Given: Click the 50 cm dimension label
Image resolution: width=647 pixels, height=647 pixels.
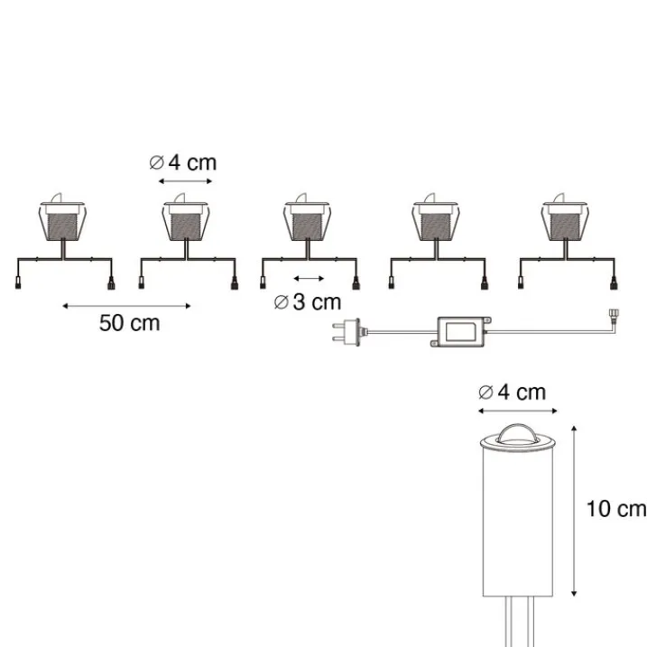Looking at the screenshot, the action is tap(130, 323).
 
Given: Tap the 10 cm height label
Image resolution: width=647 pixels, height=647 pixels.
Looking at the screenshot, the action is tap(616, 509).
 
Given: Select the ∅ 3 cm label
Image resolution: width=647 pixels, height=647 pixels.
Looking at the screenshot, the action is tap(308, 302).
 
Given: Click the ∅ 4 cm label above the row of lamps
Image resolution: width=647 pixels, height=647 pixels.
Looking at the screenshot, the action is tap(183, 162).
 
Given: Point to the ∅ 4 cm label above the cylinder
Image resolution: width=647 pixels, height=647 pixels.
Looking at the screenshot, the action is tap(512, 392).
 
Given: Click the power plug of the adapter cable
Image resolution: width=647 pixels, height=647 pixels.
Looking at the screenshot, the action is tap(347, 332).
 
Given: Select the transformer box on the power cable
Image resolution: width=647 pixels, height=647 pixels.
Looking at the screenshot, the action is tap(461, 332).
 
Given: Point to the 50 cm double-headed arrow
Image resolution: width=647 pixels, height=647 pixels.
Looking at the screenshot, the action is tap(126, 306).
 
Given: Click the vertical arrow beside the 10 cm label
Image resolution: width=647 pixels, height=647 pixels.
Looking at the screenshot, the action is tap(574, 512).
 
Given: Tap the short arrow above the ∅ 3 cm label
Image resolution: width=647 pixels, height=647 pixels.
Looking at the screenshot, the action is tap(309, 279).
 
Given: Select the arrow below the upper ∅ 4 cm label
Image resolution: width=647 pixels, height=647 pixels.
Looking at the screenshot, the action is tap(185, 181).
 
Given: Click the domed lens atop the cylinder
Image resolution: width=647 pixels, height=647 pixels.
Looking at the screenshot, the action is tap(517, 434).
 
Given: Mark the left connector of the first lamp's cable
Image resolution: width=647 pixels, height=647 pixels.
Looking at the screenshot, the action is tap(18, 284).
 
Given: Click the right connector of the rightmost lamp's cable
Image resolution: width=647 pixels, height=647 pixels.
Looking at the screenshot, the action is tap(614, 284).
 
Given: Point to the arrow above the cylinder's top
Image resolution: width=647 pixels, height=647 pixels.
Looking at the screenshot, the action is tap(518, 411).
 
